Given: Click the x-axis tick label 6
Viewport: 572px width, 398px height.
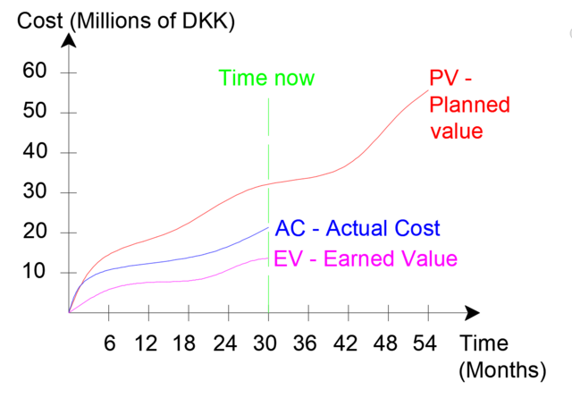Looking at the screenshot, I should tap(108, 343).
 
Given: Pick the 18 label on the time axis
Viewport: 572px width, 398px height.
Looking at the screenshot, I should tap(187, 343).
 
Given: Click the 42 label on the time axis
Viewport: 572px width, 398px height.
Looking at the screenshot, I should tap(347, 343).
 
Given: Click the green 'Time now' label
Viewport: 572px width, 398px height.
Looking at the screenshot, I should tap(267, 79).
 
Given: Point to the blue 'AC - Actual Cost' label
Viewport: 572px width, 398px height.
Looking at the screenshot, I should tap(358, 228).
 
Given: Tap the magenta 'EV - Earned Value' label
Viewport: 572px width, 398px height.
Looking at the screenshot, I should tap(366, 259).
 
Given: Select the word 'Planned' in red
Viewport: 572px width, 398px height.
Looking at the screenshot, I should tap(469, 106).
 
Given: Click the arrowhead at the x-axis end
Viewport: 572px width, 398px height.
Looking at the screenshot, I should tap(473, 313).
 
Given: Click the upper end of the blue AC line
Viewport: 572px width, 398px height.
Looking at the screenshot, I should tap(268, 227).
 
